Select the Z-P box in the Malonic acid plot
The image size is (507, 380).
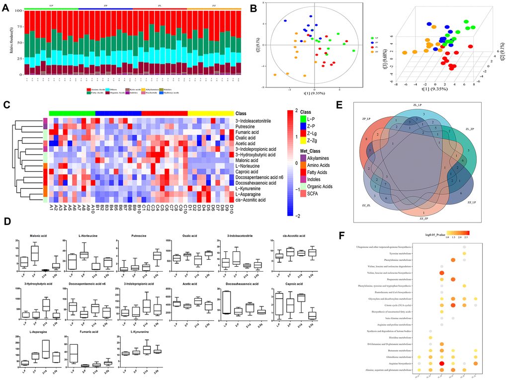35,253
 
